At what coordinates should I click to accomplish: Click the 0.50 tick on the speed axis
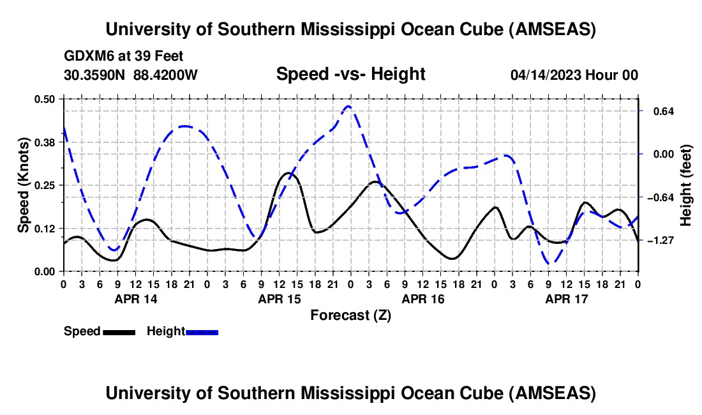tap(45, 99)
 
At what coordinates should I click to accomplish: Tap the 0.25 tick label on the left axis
tap(45, 185)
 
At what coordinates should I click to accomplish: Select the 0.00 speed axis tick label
tap(45, 272)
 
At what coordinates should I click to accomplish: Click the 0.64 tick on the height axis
tap(658, 111)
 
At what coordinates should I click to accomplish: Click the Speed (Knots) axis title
tap(23, 185)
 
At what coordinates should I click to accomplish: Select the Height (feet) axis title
tap(686, 185)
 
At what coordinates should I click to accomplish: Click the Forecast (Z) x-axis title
tap(350, 315)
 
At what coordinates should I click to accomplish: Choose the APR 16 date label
tap(422, 299)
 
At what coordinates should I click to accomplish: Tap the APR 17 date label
tap(566, 299)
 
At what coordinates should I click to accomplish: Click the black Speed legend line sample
tap(119, 332)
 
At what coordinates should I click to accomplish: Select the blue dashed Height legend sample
tap(202, 332)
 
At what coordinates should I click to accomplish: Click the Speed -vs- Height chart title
tap(350, 74)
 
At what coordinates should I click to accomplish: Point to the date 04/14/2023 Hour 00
tap(574, 75)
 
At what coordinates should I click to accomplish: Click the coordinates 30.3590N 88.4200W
tap(131, 75)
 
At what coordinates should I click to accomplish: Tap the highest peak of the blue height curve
tap(348, 107)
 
